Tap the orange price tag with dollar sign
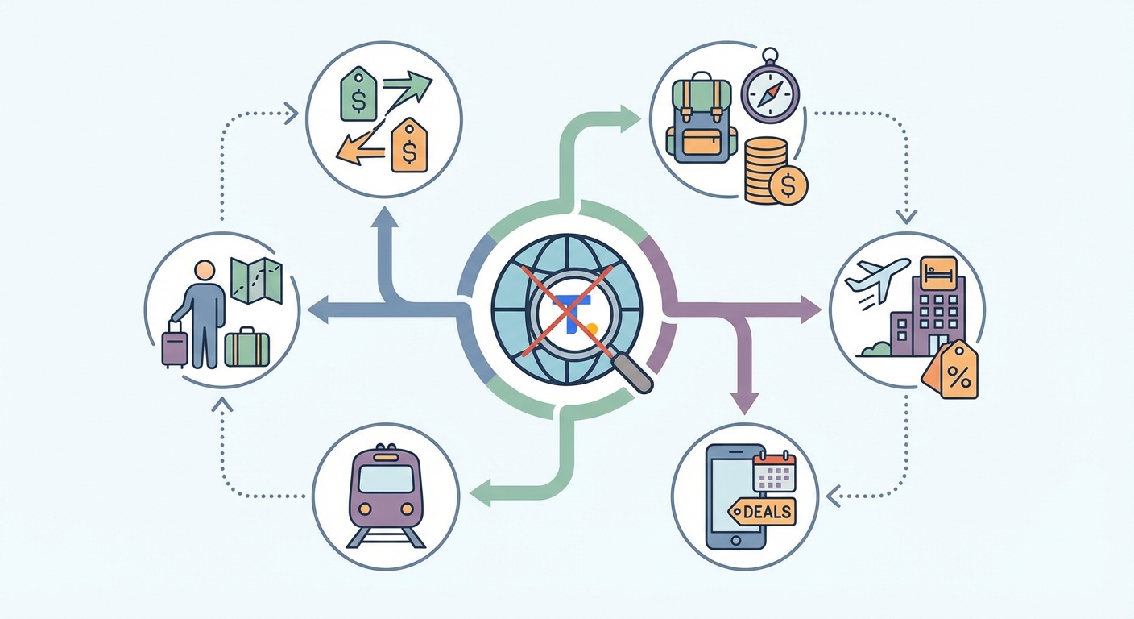[x=409, y=145]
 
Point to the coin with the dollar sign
[x=788, y=185]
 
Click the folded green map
[x=256, y=280]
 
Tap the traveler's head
[x=205, y=271]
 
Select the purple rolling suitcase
[x=175, y=344]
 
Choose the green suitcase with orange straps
[x=246, y=347]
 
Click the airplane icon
[x=877, y=280]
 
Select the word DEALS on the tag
[x=768, y=512]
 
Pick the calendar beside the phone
[x=775, y=471]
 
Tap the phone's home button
[x=735, y=541]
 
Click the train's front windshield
[x=386, y=479]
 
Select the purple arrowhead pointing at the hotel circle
[x=811, y=309]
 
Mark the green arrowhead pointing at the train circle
[x=480, y=493]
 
